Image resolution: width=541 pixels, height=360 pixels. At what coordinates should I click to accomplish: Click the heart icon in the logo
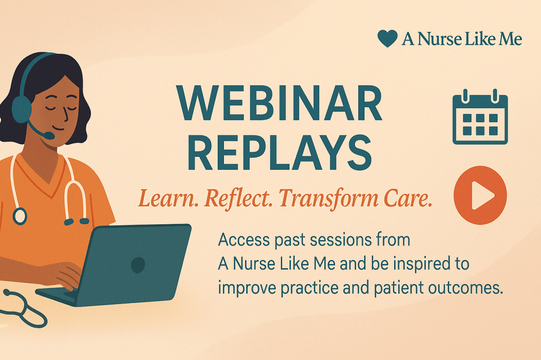pyautogui.click(x=387, y=38)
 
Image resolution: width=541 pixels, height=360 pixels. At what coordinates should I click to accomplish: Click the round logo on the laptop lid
pyautogui.click(x=138, y=263)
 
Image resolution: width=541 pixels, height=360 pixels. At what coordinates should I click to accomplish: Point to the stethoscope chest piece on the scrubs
pyautogui.click(x=20, y=215)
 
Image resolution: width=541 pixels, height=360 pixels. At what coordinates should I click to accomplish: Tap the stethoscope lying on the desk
pyautogui.click(x=24, y=308)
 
